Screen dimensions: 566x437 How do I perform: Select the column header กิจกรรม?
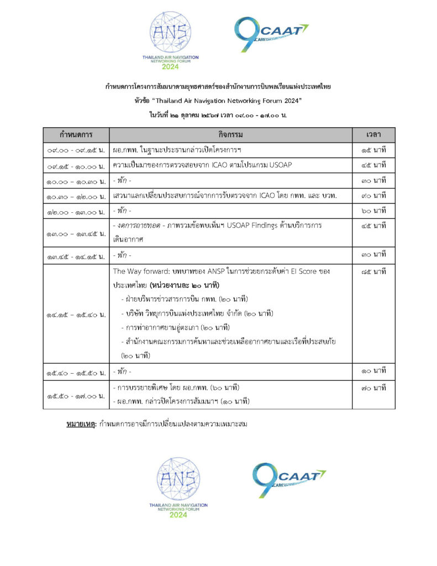coord(230,135)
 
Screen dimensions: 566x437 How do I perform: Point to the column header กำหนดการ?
coord(76,135)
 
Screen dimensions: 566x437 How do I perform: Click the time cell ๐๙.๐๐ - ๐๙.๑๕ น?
coord(76,150)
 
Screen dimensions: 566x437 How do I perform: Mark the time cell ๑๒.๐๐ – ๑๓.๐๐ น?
coord(76,211)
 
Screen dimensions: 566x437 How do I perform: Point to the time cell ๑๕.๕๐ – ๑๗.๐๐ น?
coord(76,395)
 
